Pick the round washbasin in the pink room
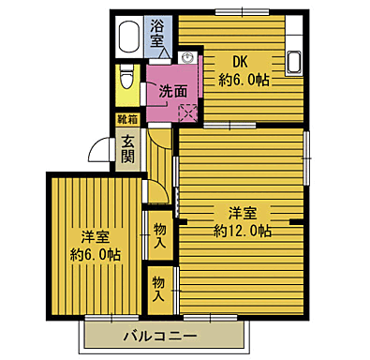[x=187, y=59]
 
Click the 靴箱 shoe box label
[x=126, y=120]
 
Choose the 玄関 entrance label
[x=127, y=149]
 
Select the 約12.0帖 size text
[x=243, y=231]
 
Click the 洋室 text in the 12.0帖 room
[x=243, y=211]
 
